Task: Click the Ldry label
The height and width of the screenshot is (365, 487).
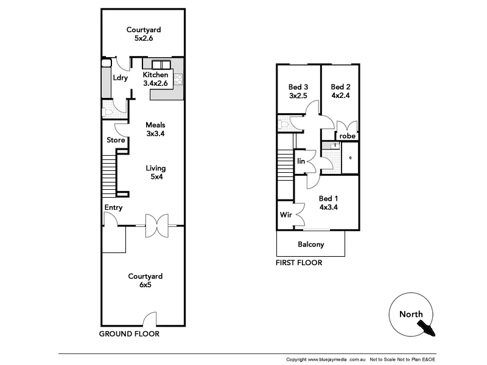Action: [120, 78]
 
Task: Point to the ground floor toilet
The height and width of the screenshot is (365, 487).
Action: [108, 111]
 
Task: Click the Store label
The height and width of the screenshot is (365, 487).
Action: [116, 141]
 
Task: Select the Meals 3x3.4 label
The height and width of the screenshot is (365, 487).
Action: [156, 130]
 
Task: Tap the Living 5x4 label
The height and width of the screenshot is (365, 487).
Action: [156, 173]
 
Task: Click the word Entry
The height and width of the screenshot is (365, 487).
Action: [113, 207]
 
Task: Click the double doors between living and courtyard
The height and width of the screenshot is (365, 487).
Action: [156, 226]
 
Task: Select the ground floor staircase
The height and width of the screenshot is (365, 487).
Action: [109, 175]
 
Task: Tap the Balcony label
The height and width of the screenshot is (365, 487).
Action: [310, 245]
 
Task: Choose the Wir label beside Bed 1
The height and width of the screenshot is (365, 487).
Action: [285, 215]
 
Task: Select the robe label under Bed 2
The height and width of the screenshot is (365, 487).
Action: [347, 136]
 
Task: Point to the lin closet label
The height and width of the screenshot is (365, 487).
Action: [301, 161]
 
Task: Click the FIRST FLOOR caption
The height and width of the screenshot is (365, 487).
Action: [298, 263]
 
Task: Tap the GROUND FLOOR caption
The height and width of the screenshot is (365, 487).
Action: [129, 334]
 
